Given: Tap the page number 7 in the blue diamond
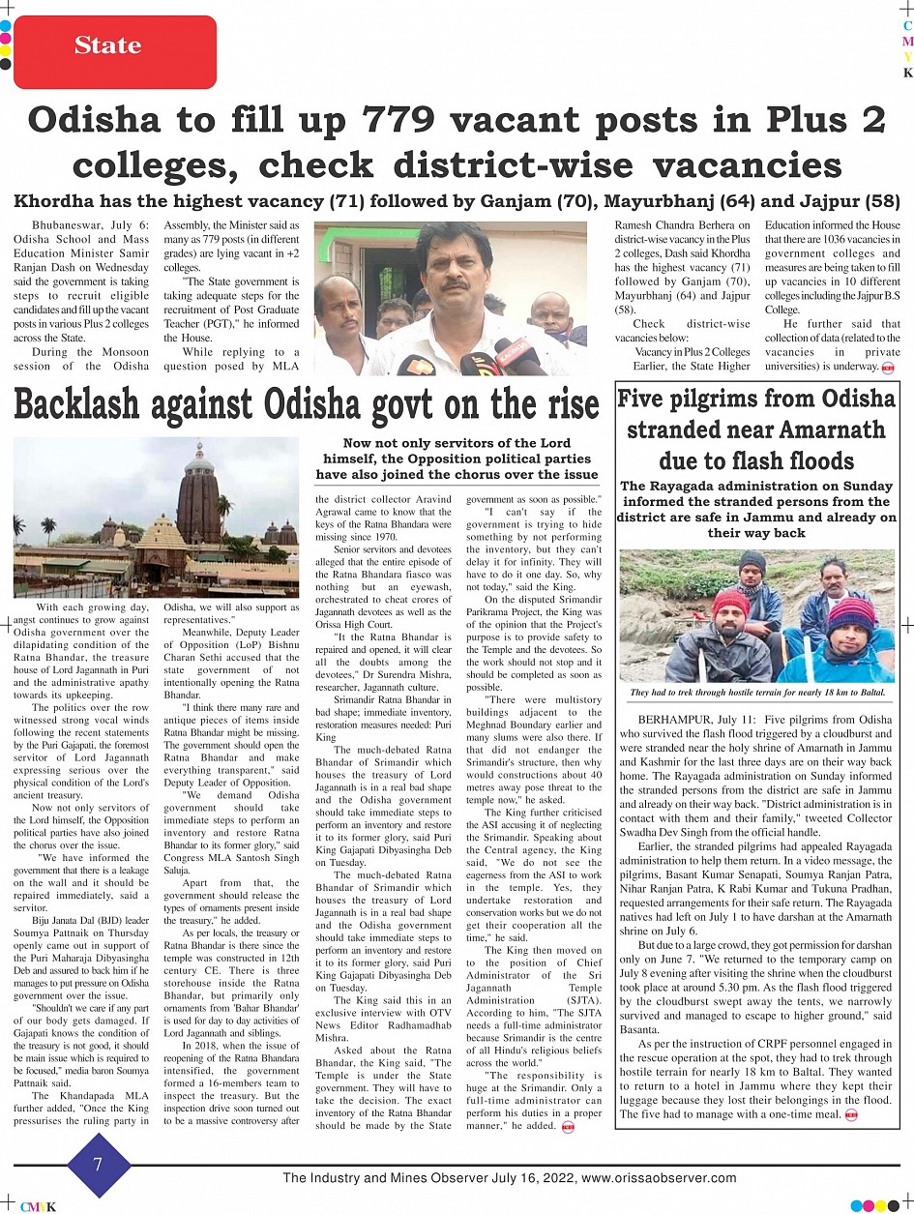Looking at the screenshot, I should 98,1164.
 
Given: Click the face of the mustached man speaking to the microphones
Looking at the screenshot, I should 455,281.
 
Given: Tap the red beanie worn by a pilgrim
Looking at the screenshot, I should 730,602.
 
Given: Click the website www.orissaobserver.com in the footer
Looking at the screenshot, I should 662,1178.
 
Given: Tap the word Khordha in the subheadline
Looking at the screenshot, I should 58,201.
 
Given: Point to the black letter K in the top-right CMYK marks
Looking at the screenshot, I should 907,73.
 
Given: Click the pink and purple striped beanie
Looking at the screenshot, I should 851,612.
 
